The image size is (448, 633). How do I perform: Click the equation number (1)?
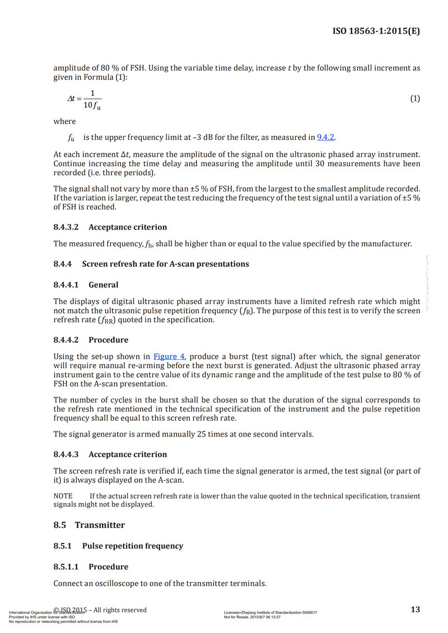(415, 99)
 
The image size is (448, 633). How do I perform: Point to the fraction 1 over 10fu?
(92, 99)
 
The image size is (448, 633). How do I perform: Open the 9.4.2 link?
(325, 137)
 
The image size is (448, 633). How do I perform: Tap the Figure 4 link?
(169, 357)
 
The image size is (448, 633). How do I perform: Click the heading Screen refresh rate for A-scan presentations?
(165, 264)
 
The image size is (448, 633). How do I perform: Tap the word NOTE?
(63, 496)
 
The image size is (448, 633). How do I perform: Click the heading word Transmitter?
(100, 525)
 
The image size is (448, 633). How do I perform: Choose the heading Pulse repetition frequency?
(132, 546)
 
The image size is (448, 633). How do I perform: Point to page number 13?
(415, 609)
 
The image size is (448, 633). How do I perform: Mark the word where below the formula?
(64, 121)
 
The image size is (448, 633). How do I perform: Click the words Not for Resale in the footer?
(238, 617)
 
